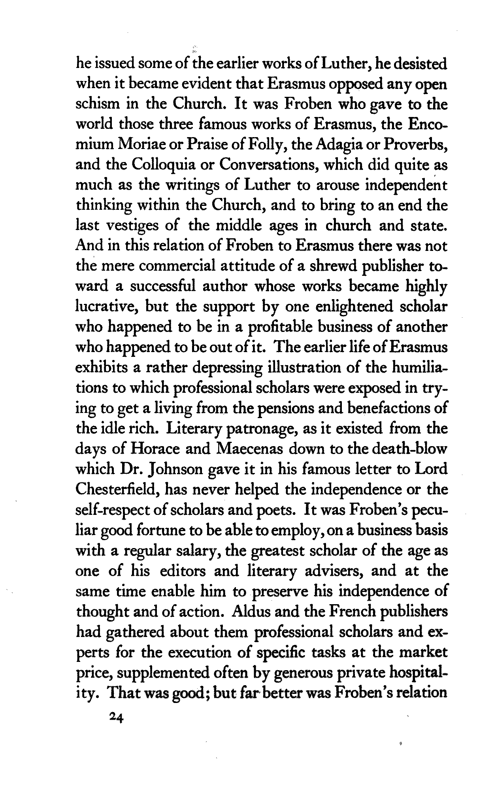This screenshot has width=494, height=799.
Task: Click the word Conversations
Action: pos(269,165)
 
